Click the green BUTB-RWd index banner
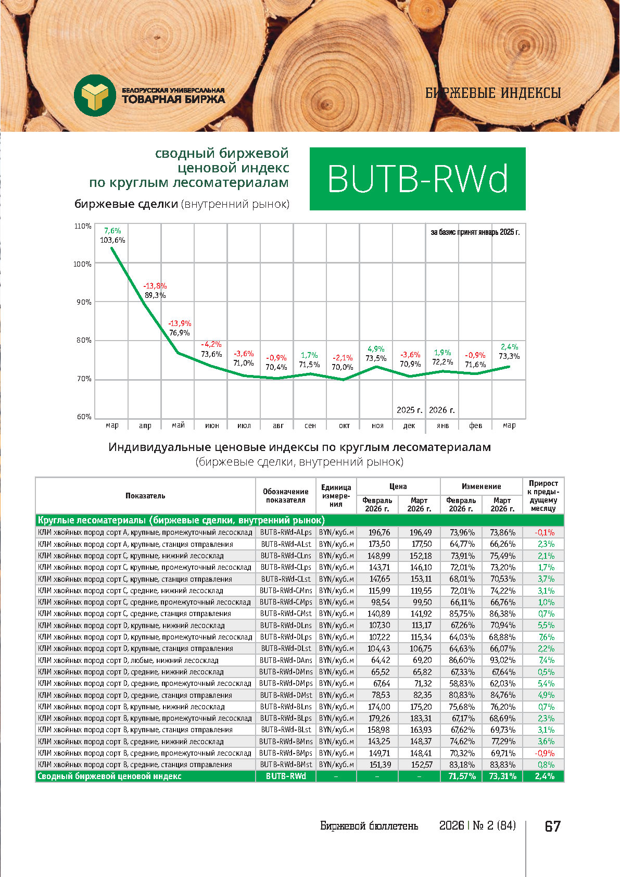[x=417, y=179]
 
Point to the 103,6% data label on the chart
[x=112, y=240]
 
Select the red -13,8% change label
[x=155, y=286]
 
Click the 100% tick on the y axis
[x=82, y=264]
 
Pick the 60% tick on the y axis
[x=84, y=417]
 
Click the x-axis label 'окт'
[x=344, y=425]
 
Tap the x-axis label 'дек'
[x=409, y=425]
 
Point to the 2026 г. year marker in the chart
[x=442, y=410]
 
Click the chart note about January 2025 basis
[x=475, y=232]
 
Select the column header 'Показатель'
[x=145, y=496]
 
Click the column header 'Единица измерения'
[x=336, y=496]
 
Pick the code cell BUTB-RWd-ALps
[x=286, y=532]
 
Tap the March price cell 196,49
[x=420, y=532]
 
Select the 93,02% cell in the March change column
[x=502, y=660]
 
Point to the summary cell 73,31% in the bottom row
[x=502, y=776]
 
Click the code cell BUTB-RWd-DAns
[x=286, y=660]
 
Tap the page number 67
[x=552, y=826]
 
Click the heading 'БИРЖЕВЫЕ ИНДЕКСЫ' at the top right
[x=493, y=93]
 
